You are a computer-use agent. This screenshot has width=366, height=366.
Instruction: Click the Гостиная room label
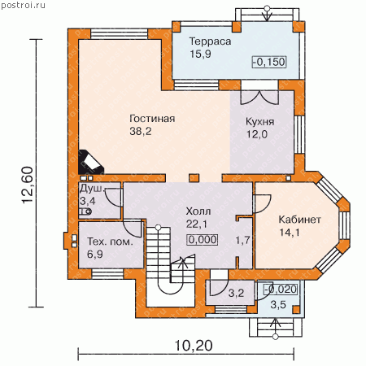tap(152, 119)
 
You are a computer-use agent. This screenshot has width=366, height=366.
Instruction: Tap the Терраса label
tap(210, 41)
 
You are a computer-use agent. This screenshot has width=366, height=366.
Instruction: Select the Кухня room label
tap(259, 121)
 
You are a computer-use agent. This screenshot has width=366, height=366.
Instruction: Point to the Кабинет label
tap(300, 220)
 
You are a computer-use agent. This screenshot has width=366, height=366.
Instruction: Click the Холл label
tap(198, 211)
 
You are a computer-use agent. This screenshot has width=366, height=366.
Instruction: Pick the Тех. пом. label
tap(110, 242)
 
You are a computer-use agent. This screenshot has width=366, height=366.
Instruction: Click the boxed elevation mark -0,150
tap(269, 62)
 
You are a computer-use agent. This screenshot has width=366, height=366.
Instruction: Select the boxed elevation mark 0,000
tap(203, 240)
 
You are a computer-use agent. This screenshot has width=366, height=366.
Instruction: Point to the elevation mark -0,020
tap(281, 290)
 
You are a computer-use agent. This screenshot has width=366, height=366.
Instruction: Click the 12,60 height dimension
tap(28, 185)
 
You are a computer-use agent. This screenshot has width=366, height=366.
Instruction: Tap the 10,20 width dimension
tap(193, 346)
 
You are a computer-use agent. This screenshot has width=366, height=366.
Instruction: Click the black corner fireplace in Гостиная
tap(90, 162)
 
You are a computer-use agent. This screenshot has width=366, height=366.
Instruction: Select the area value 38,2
tap(141, 132)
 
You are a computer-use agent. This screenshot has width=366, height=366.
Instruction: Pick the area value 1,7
tap(242, 240)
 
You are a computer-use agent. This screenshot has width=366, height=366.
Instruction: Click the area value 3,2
tap(236, 293)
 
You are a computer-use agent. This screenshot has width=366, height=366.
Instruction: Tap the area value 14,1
tap(290, 233)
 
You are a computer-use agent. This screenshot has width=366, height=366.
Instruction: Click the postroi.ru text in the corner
tap(24, 5)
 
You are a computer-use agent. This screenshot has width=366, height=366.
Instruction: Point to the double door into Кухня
tap(259, 97)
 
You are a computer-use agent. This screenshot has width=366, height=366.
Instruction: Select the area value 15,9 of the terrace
tap(200, 54)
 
